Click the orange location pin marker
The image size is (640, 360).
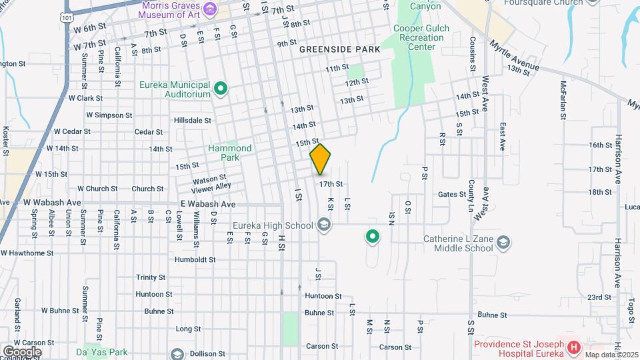(320, 159)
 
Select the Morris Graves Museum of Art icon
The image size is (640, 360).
(211, 9)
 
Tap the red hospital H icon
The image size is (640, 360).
(573, 347)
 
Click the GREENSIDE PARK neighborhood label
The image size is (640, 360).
(339, 49)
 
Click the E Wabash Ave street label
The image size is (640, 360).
(207, 204)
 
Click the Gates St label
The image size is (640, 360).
(452, 194)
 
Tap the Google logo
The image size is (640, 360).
(22, 351)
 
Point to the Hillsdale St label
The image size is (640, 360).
(192, 121)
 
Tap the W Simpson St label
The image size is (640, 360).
(100, 115)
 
